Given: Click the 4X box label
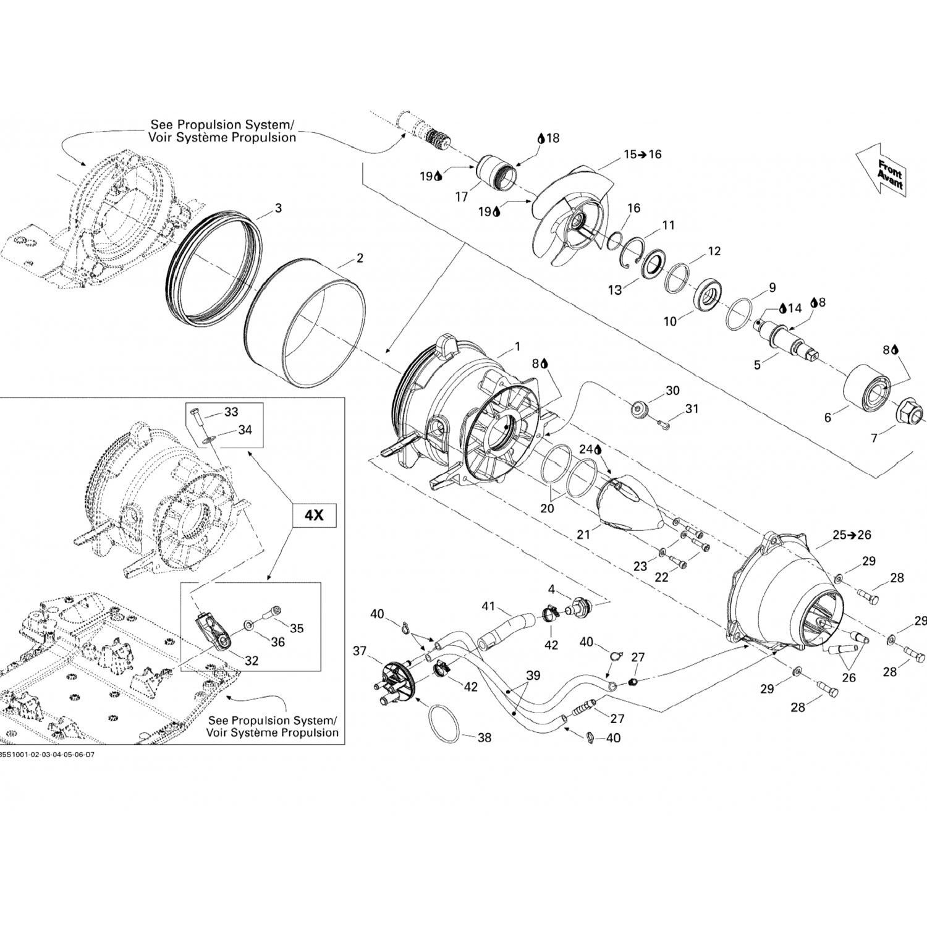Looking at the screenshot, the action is click(315, 514).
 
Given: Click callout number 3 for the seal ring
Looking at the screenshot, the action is click(278, 208).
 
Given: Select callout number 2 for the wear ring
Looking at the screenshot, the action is click(359, 258).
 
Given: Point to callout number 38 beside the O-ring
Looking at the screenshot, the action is click(485, 737).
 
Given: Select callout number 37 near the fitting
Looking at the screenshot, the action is click(360, 651).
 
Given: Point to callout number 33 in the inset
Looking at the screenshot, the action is click(231, 412).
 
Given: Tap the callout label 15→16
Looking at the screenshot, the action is click(642, 154).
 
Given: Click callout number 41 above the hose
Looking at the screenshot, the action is click(488, 606).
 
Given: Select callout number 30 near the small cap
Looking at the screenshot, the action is click(672, 391).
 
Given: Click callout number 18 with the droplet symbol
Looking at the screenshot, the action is click(548, 138).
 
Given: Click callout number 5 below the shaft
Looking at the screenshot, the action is click(757, 365).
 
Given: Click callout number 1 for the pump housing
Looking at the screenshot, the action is click(517, 347).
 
